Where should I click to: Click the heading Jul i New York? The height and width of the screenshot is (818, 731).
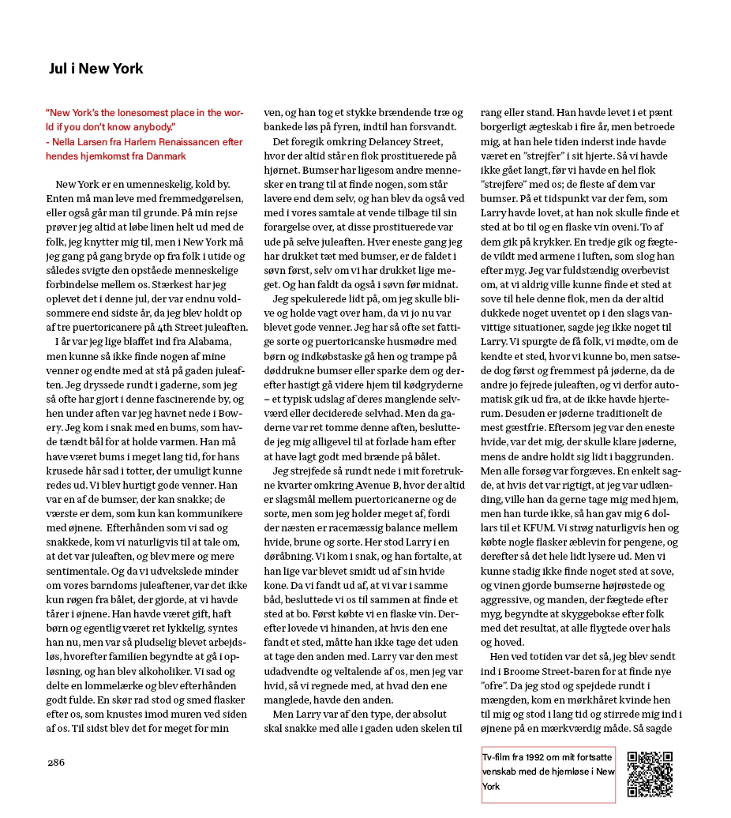[96, 69]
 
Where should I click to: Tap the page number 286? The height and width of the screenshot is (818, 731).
[55, 762]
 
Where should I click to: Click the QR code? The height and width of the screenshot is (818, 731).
[649, 774]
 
